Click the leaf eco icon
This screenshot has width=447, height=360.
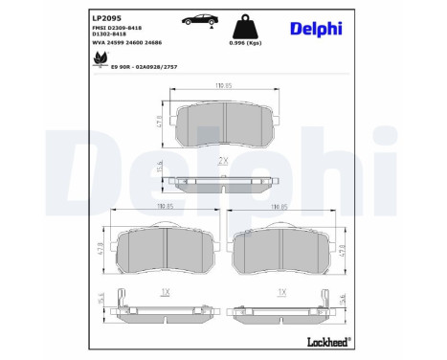[x=98, y=59]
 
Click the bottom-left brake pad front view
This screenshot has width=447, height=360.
[x=166, y=252]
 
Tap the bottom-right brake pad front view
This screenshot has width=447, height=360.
[x=281, y=252]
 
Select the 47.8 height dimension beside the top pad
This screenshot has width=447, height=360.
[x=159, y=122]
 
